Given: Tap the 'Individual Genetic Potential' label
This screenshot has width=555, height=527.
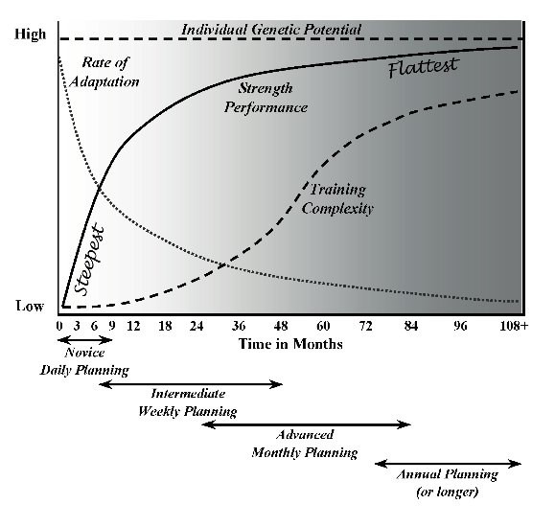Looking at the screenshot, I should coord(271,30).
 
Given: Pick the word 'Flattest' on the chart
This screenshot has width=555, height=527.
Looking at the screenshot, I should coord(424,68).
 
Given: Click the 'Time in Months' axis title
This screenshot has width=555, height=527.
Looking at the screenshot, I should coord(289,343).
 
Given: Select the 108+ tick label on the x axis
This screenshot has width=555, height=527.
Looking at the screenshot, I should coord(512,326).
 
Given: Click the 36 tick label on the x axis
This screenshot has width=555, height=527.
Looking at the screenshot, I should coord(240,326).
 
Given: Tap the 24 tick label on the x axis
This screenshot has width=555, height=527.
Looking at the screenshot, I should coord(197,326).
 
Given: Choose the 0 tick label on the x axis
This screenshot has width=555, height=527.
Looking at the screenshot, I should coord(59,326).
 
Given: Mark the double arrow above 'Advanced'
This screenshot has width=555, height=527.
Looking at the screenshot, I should coord(306,424).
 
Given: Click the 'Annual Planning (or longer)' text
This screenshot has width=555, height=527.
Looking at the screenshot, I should coord(448,484).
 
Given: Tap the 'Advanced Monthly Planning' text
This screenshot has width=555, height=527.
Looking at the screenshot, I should coord(305,444).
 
